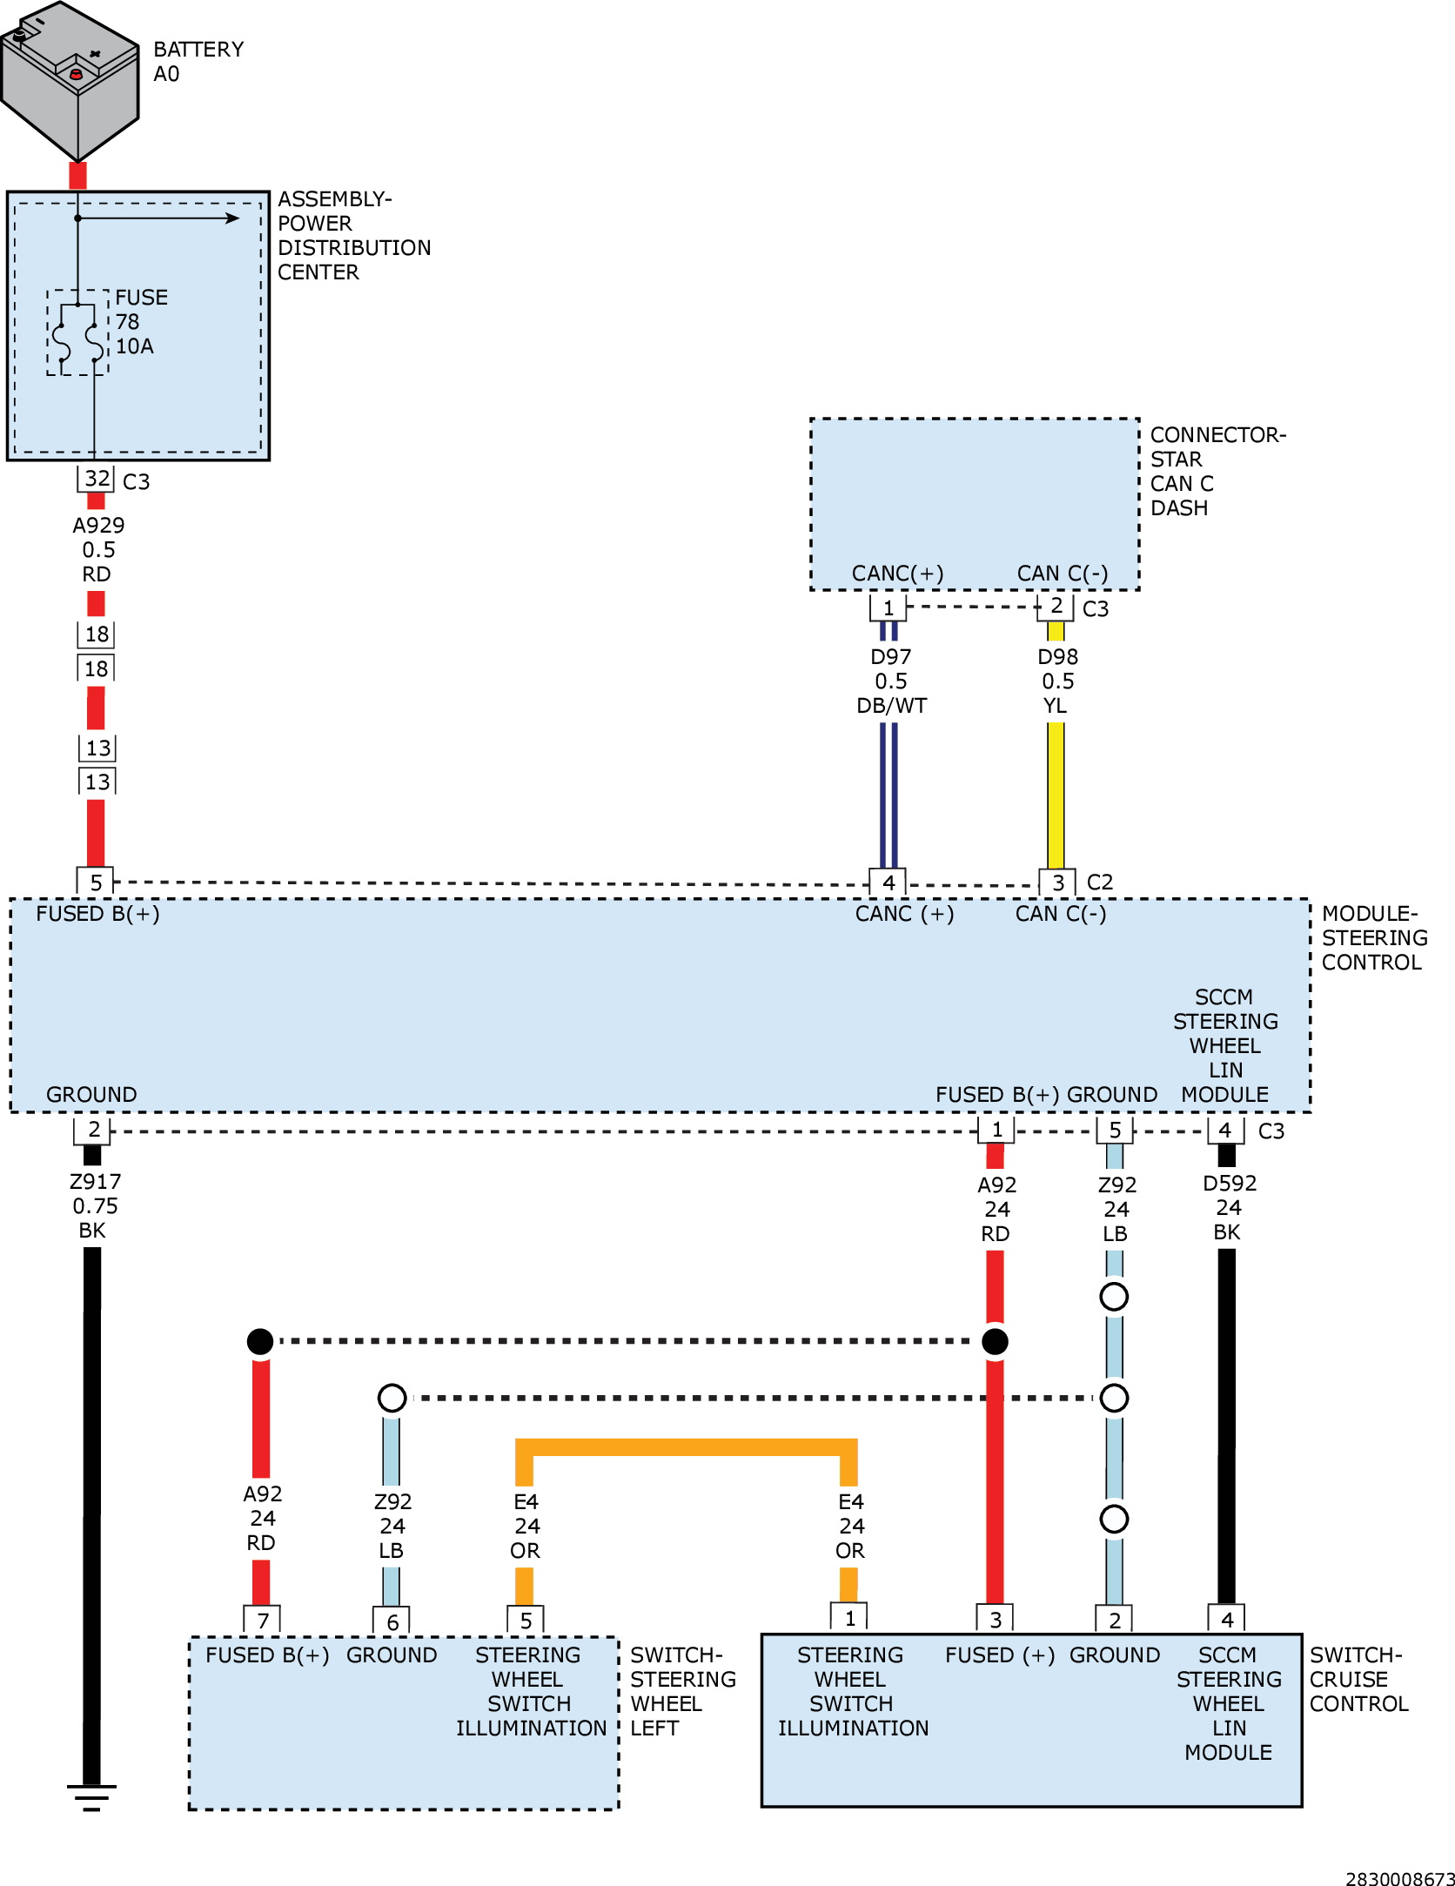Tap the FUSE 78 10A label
142,322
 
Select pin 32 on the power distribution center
97,479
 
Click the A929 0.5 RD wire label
98,550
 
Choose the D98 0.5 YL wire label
1057,681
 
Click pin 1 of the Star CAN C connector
888,607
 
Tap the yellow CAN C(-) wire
1056,795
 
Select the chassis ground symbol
91,1798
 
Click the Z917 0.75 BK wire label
95,1206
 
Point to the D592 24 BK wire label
1229,1208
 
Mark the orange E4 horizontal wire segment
687,1447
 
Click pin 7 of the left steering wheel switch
262,1620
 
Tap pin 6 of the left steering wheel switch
392,1621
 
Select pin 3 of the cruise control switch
996,1619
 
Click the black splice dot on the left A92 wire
260,1341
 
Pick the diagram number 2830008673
1399,1879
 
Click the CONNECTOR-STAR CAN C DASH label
1217,471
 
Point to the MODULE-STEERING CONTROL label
1374,937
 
